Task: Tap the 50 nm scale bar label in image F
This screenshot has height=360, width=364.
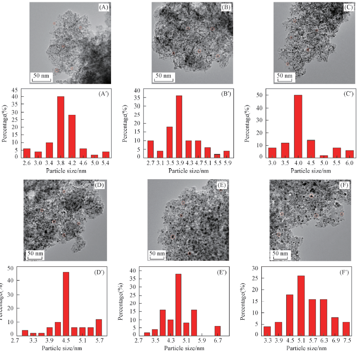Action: pyautogui.click(x=280, y=253)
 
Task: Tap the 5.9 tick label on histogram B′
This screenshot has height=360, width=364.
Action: pyautogui.click(x=227, y=162)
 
